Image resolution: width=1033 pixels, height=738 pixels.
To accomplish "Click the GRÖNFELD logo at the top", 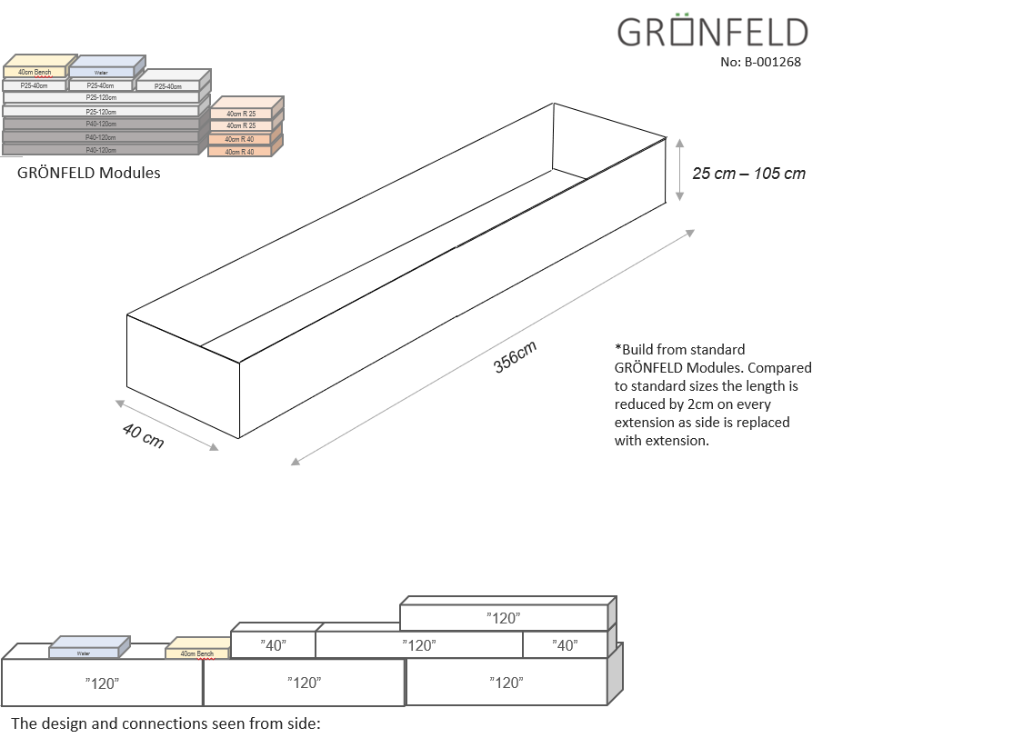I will coord(712,32).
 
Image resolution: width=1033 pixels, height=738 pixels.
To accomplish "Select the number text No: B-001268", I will coord(760,63).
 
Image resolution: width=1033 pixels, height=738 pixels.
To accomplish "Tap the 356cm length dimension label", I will coord(515,356).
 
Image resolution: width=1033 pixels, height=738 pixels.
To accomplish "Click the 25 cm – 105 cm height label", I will coord(748,174).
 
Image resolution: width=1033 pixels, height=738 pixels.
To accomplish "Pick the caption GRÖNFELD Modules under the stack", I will coord(88,173).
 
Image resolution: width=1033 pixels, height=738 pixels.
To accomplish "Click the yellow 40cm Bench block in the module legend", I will coord(35,72).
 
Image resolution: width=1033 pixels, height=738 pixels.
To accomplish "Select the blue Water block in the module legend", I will coord(101,72).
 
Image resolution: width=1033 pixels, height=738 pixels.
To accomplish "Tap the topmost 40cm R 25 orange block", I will coord(240,114).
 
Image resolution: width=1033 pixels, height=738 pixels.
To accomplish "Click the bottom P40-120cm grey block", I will coord(101,150).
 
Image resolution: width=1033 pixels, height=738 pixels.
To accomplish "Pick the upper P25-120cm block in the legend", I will coord(101,97).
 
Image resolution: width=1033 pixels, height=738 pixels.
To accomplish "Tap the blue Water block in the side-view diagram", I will coord(84,653).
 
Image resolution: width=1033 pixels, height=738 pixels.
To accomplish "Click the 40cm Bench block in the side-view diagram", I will coord(196,653).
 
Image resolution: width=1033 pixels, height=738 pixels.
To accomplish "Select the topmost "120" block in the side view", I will coord(503,618).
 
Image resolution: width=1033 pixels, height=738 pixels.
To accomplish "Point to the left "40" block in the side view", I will coord(273,645).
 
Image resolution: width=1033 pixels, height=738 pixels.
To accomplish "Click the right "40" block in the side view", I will coord(565,645).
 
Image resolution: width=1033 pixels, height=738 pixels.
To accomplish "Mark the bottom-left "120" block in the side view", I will coord(102,683).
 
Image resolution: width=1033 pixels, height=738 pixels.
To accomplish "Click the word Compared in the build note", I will coord(778,367).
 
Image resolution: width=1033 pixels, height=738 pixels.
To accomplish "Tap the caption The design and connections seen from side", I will coord(166,724).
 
